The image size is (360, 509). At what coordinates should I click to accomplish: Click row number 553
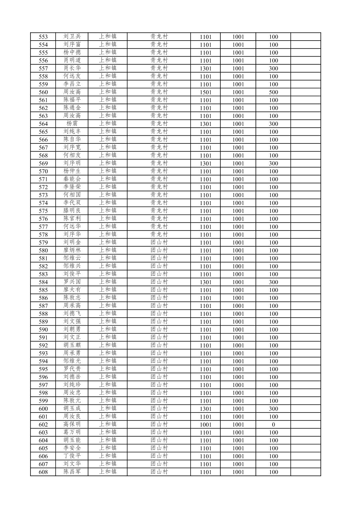tap(43, 37)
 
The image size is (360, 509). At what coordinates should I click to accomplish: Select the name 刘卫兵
tap(72, 37)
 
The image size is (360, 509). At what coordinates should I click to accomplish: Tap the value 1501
tap(206, 92)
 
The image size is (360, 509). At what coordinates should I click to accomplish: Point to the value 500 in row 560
tap(273, 92)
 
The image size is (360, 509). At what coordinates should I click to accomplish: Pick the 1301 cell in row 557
tap(206, 68)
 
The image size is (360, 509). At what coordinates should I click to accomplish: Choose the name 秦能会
tap(72, 179)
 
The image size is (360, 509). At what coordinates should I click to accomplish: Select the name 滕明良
tap(72, 211)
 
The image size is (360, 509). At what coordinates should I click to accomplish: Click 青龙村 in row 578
tap(159, 235)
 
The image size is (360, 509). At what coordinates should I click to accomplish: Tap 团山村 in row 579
tap(159, 242)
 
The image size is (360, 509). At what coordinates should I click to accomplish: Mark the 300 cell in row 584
tap(273, 282)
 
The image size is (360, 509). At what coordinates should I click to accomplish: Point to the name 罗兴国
tap(72, 282)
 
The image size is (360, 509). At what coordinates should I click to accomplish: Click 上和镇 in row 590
tap(108, 329)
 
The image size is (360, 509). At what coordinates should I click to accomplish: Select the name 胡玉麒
tap(72, 345)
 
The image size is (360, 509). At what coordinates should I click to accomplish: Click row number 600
tap(43, 409)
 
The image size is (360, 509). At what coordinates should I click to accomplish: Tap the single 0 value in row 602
tap(273, 425)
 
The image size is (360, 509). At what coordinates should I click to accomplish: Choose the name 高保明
tap(72, 424)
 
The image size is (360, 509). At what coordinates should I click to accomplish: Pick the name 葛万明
tap(72, 432)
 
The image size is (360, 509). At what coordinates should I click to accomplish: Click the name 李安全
tap(72, 448)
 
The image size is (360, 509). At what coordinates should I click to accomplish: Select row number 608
tap(43, 472)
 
